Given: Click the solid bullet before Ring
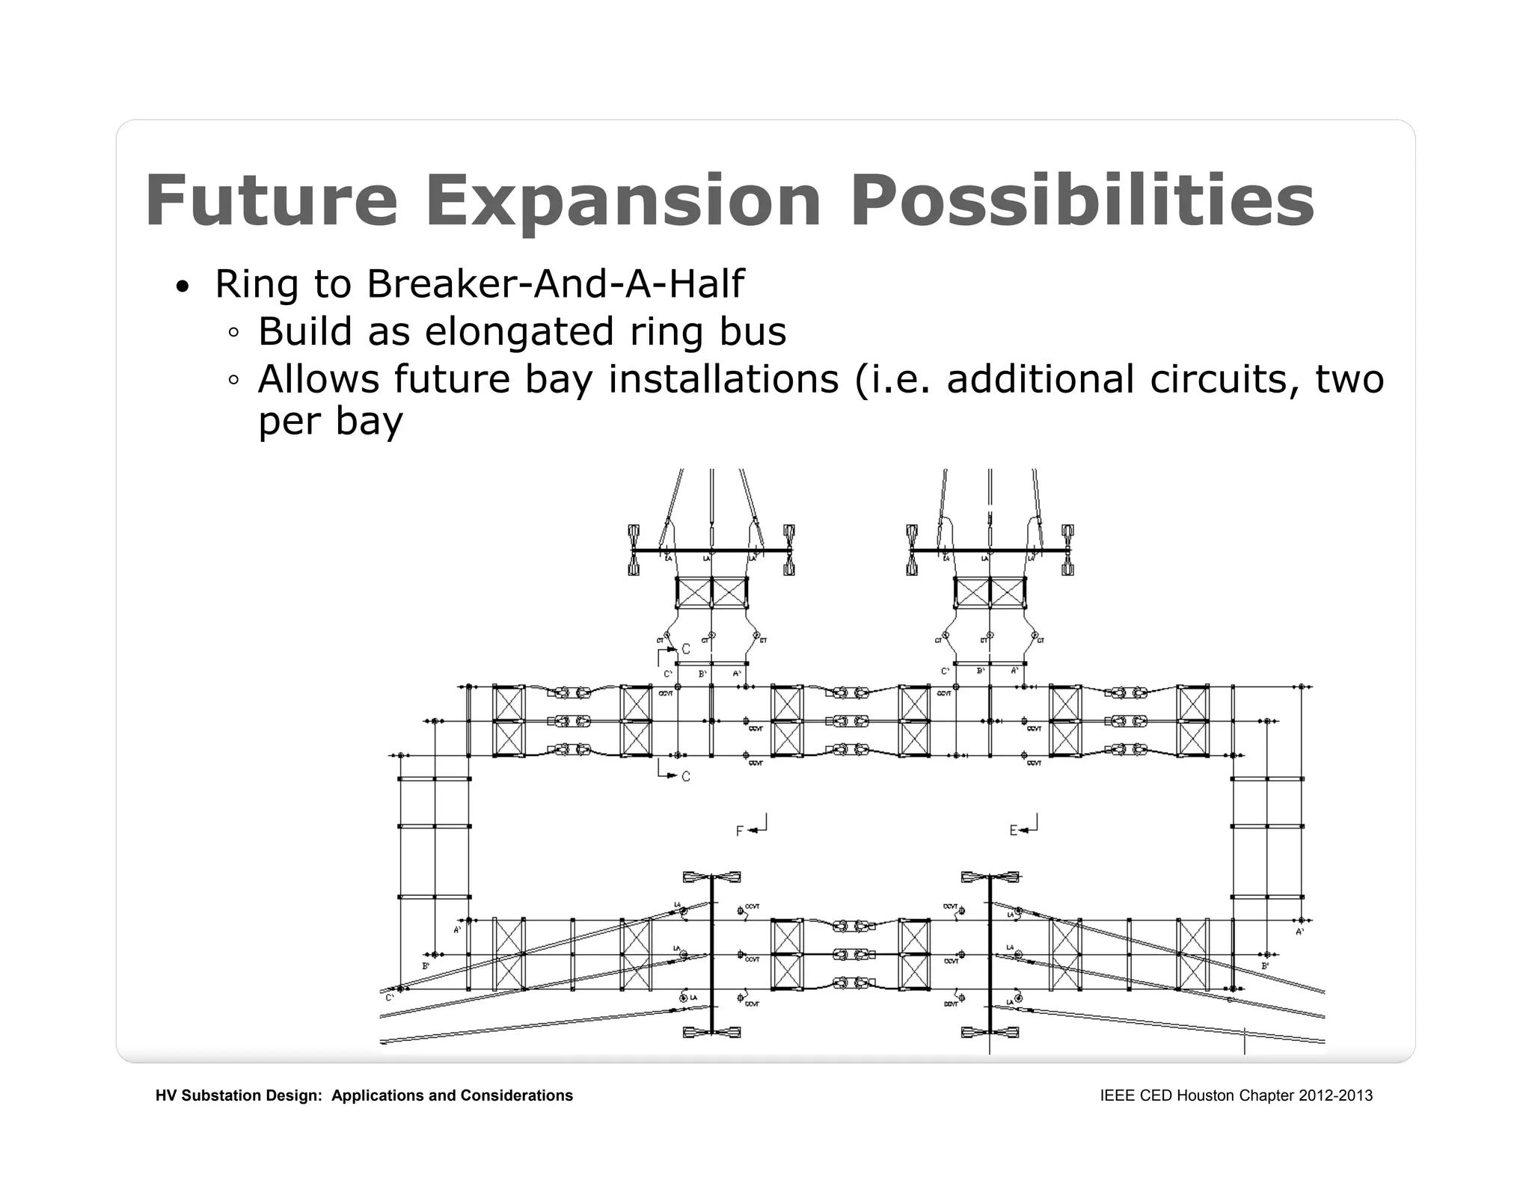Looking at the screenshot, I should point(182,288).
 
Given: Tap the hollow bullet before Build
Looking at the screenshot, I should point(234,334).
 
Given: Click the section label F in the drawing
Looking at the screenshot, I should point(739,832).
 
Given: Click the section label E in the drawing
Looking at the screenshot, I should point(1014,831).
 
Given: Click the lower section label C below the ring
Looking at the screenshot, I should point(686,777).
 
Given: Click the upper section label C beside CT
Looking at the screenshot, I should point(686,649).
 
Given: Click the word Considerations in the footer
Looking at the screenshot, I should point(516,1096).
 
